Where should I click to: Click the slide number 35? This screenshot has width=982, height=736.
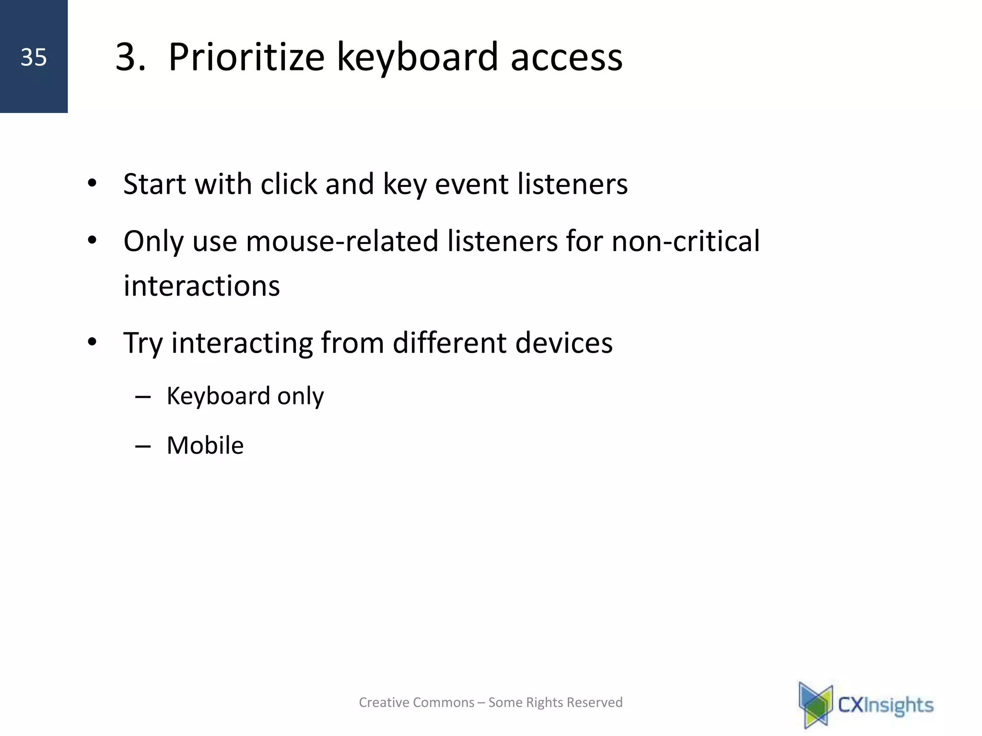[x=34, y=57]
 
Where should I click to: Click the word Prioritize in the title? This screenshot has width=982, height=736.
[x=246, y=57]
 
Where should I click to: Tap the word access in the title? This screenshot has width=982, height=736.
[x=566, y=57]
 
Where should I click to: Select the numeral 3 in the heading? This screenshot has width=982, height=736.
[x=126, y=57]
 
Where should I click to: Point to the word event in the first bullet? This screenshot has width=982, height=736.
[x=471, y=184]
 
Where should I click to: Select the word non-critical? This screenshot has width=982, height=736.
[x=685, y=241]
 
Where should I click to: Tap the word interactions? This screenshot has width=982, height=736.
[x=201, y=286]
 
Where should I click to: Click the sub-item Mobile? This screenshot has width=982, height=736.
[x=205, y=446]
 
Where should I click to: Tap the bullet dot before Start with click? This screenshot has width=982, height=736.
[x=92, y=184]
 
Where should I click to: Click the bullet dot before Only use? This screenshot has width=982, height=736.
[x=92, y=241]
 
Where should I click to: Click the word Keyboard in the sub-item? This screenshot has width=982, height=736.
[x=218, y=396]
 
